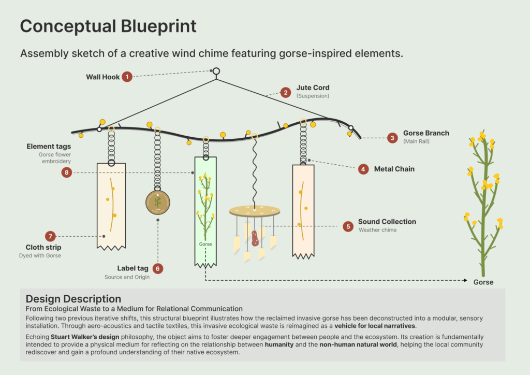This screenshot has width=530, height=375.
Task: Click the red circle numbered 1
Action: click(127, 77)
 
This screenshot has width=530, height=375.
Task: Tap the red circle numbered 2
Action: click(286, 92)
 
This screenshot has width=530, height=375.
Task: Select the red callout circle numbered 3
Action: click(392, 138)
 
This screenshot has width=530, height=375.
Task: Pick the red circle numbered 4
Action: click(363, 169)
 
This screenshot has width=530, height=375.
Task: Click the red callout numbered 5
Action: click(348, 226)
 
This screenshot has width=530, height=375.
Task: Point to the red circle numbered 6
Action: click(157, 269)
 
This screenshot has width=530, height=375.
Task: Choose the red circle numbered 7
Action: click(50, 236)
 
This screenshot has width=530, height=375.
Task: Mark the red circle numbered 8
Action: click(67, 172)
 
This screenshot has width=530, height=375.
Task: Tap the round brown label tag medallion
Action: click(158, 203)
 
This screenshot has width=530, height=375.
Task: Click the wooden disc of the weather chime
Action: click(255, 211)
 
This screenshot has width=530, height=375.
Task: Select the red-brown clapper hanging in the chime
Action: click(255, 238)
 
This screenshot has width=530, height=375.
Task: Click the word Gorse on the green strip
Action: click(205, 244)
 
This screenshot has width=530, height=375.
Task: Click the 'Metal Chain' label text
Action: click(394, 169)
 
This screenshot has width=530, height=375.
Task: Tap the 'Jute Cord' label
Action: click(313, 88)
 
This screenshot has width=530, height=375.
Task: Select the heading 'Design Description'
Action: click(73, 299)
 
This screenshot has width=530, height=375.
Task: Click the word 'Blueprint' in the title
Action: click(158, 26)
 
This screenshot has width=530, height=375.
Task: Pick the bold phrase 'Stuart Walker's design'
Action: click(85, 337)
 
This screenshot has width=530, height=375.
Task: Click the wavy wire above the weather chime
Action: click(254, 172)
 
